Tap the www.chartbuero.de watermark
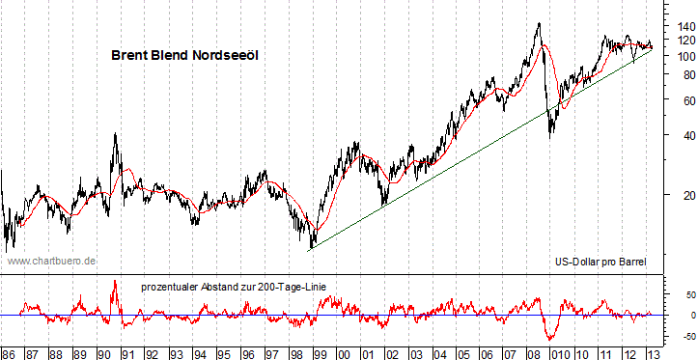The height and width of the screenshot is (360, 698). (51, 261)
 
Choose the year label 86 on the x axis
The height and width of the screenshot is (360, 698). (9, 352)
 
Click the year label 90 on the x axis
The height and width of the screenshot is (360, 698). (104, 352)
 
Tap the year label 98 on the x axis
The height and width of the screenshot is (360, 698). (294, 352)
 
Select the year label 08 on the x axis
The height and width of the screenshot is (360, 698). (534, 352)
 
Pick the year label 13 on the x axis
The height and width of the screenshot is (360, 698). (653, 352)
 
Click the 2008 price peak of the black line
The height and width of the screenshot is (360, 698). (538, 23)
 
